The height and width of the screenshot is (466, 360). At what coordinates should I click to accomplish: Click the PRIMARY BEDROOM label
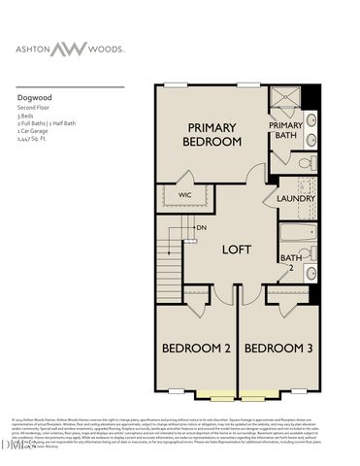[213, 134]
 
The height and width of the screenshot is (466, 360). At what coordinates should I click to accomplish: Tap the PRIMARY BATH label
[284, 130]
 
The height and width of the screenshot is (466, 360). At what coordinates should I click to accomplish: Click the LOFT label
[236, 249]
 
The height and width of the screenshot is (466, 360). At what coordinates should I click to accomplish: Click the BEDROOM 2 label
[195, 348]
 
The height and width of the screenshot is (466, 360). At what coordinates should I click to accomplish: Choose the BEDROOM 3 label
[277, 348]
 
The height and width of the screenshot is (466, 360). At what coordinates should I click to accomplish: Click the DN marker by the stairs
[201, 227]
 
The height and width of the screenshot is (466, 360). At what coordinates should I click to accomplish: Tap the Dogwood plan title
[35, 97]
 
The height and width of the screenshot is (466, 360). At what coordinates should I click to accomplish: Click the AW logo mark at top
[93, 48]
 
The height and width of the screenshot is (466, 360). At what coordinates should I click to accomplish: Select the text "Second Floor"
[35, 109]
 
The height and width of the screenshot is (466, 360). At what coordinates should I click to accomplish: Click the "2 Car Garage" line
[35, 132]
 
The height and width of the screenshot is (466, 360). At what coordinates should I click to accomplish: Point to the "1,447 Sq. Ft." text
[35, 140]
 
